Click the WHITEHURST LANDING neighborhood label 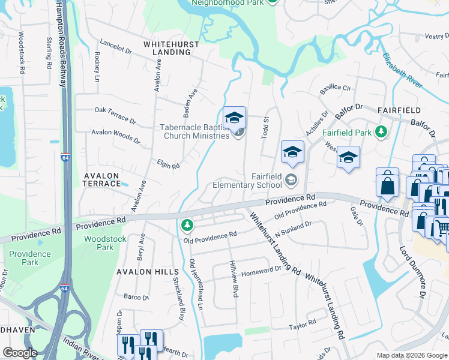(x=167, y=48)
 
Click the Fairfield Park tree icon (x=380, y=131)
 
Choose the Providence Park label (x=30, y=258)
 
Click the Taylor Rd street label (x=302, y=325)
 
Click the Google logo (x=20, y=353)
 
